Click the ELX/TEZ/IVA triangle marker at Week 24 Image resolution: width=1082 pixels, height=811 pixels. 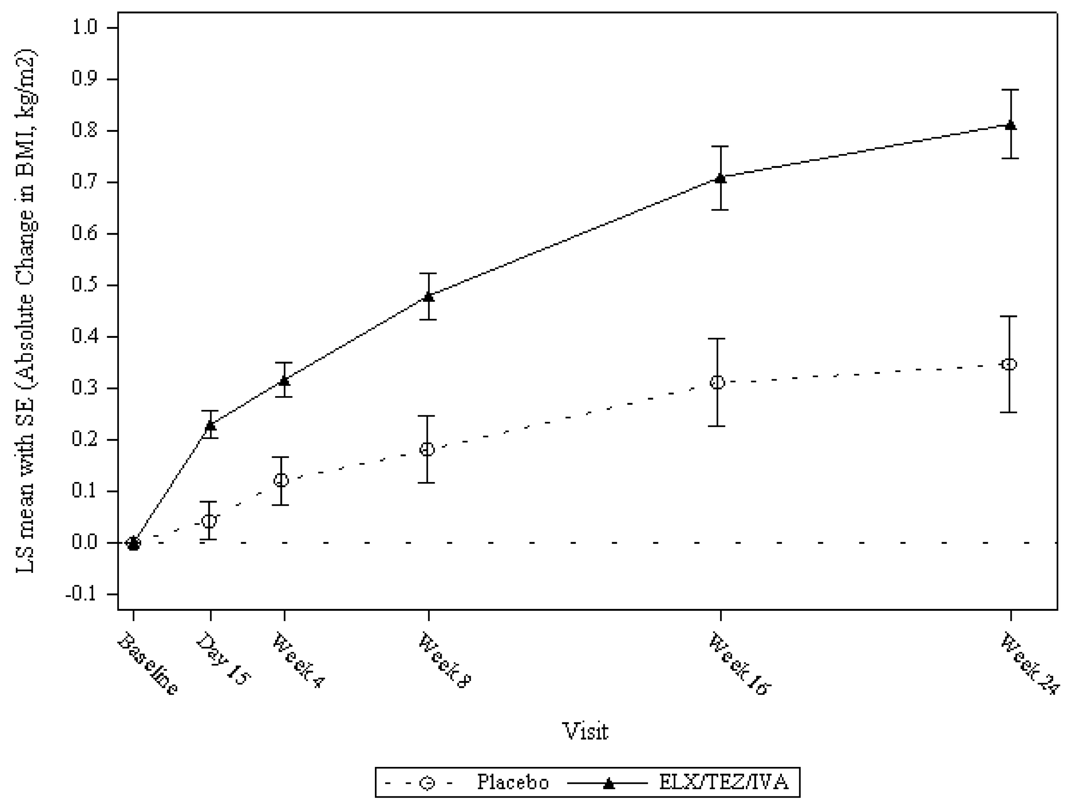pyautogui.click(x=1011, y=125)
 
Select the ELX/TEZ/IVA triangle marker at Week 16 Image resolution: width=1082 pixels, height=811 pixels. pyautogui.click(x=720, y=178)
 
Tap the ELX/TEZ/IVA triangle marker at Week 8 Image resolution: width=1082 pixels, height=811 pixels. pyautogui.click(x=429, y=296)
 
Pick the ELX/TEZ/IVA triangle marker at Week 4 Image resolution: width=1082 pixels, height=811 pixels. pyautogui.click(x=284, y=380)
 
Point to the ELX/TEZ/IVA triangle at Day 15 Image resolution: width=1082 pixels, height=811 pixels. pyautogui.click(x=210, y=425)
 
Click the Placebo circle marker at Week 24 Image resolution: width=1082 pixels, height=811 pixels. pyautogui.click(x=1009, y=364)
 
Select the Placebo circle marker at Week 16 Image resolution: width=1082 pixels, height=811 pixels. pyautogui.click(x=717, y=382)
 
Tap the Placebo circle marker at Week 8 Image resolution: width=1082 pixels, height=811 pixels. pyautogui.click(x=427, y=449)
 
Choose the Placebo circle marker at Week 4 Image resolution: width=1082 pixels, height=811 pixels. pyautogui.click(x=281, y=480)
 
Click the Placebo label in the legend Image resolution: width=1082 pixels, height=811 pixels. pyautogui.click(x=513, y=782)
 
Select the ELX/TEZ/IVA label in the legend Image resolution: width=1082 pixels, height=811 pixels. pyautogui.click(x=724, y=782)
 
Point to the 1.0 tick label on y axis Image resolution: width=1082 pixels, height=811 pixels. pyautogui.click(x=85, y=28)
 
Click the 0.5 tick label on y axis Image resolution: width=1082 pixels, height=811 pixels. pyautogui.click(x=85, y=286)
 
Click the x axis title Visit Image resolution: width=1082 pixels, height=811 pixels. pyautogui.click(x=586, y=731)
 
